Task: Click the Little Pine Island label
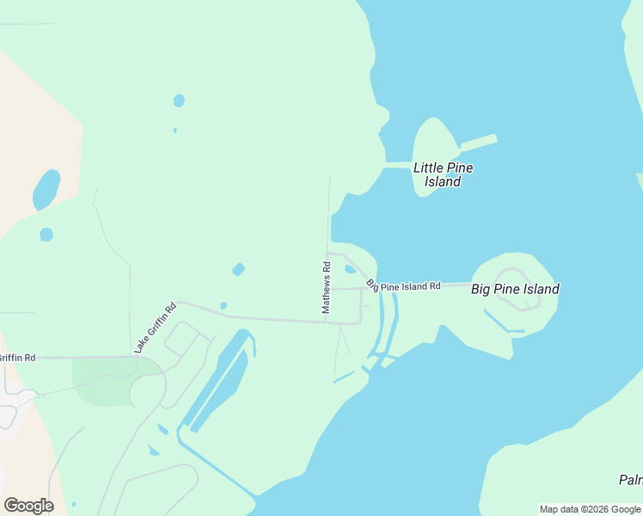[443, 175]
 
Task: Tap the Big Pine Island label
[515, 289]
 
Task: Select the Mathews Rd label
[327, 287]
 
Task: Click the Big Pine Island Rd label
[403, 285]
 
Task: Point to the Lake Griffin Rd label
[155, 328]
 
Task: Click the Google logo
[28, 505]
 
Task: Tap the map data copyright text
[591, 509]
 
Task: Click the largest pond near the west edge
[46, 189]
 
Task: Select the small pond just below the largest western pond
[46, 234]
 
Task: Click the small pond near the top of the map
[179, 101]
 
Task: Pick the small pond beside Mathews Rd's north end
[350, 269]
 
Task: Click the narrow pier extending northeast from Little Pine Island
[479, 141]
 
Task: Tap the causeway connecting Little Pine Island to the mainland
[398, 164]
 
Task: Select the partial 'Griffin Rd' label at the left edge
[17, 357]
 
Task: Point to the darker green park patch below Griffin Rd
[103, 378]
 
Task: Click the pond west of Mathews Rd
[238, 269]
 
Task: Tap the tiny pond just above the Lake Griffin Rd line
[224, 305]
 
